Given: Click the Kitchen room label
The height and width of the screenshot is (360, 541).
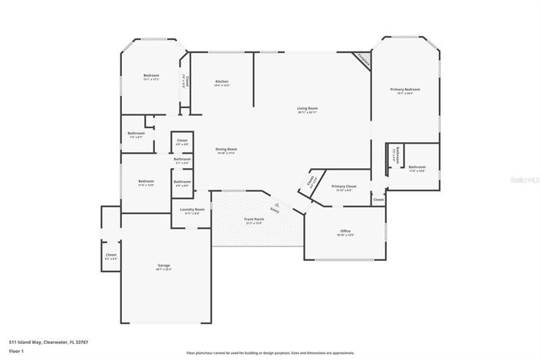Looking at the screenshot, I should pyautogui.click(x=223, y=82).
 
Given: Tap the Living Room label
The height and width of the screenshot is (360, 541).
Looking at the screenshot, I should pyautogui.click(x=307, y=109).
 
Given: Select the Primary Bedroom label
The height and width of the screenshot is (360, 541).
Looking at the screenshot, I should pyautogui.click(x=405, y=91).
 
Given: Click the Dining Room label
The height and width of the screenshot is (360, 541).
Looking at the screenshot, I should pyautogui.click(x=226, y=150).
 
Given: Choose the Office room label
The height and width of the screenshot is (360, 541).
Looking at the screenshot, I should pyautogui.click(x=345, y=232).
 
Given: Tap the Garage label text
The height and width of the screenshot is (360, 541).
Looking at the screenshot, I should pyautogui.click(x=164, y=266).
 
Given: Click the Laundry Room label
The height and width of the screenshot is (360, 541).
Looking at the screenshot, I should pyautogui.click(x=192, y=210).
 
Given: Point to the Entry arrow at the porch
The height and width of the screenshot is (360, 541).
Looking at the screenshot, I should pyautogui.click(x=274, y=209).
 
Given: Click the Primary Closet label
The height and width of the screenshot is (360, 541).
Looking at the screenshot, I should pyautogui.click(x=344, y=187).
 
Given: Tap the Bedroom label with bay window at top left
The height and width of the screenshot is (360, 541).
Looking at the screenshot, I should pyautogui.click(x=151, y=76).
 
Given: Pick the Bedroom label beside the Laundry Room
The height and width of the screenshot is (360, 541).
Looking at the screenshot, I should pyautogui.click(x=146, y=183).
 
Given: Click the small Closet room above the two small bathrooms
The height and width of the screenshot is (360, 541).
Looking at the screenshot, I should pyautogui.click(x=182, y=141).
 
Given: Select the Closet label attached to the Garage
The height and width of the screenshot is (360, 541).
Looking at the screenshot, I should pyautogui.click(x=111, y=256).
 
